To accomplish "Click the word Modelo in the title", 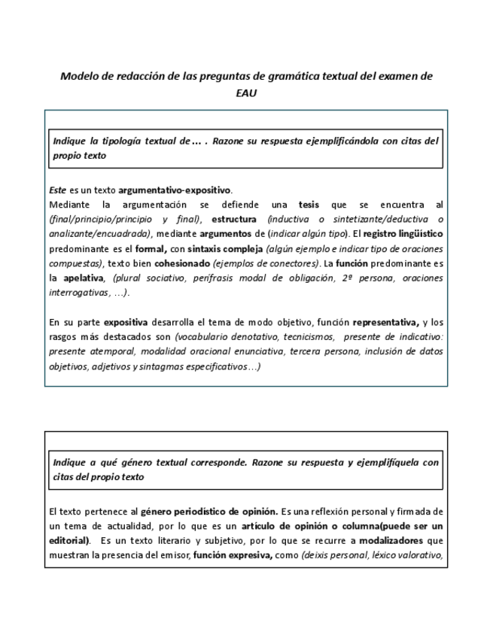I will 78,76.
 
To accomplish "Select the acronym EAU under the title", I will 246,94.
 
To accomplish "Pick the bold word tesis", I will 309,205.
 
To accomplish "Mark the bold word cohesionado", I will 182,263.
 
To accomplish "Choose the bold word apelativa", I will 84,278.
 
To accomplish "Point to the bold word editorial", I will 68,541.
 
